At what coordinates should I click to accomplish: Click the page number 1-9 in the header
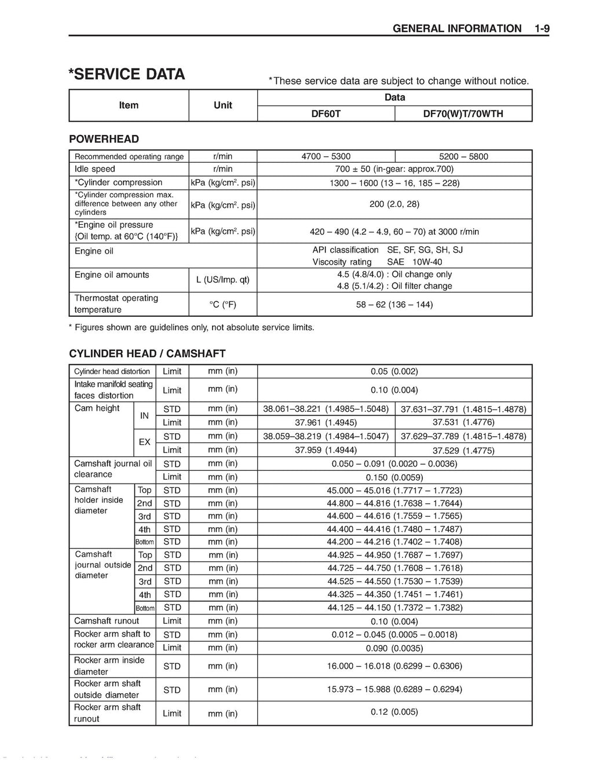point(542,28)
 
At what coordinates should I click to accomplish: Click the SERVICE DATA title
point(127,74)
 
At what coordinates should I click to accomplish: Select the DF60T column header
point(326,114)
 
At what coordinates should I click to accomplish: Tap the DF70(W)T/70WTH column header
point(463,114)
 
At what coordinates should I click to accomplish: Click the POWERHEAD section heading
point(104,139)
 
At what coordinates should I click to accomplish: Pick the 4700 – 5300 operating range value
point(326,156)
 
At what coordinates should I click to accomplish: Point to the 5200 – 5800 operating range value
point(463,156)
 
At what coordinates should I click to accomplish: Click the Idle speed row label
point(95,169)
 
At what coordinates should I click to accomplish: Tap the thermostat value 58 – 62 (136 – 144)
point(394,305)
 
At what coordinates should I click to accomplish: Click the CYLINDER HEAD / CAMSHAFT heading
point(147,354)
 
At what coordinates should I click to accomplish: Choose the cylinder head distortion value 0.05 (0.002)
point(394,372)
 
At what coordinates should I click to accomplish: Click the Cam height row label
point(97,408)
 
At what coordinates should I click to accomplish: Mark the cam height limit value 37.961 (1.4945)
point(326,422)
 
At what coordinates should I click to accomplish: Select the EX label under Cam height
point(145,442)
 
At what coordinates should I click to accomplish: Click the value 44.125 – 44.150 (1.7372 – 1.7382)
point(394,608)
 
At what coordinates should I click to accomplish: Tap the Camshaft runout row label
point(107,621)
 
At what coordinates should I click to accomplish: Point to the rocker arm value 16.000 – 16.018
point(394,666)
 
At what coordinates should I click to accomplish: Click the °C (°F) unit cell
point(223,305)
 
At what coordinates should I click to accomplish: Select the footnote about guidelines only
point(192,328)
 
